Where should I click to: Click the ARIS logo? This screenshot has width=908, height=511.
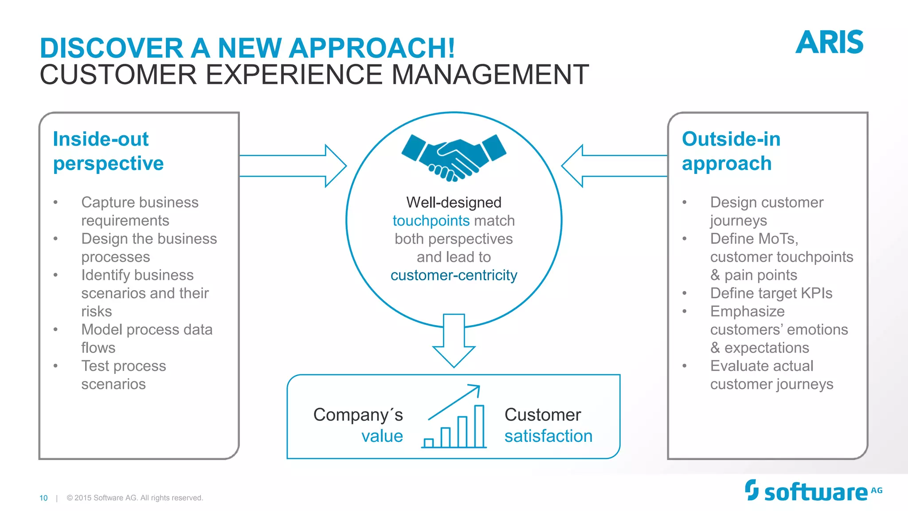pyautogui.click(x=829, y=43)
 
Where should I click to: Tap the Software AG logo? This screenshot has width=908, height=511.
pyautogui.click(x=813, y=491)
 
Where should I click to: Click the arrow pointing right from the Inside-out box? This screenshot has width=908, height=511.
pyautogui.click(x=293, y=166)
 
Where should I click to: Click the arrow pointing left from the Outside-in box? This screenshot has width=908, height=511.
pyautogui.click(x=614, y=166)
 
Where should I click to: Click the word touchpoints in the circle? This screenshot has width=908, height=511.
pyautogui.click(x=431, y=221)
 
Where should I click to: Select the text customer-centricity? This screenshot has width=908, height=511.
pyautogui.click(x=454, y=275)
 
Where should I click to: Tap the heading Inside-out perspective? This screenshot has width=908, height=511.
pyautogui.click(x=108, y=151)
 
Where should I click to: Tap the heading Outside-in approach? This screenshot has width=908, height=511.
pyautogui.click(x=731, y=151)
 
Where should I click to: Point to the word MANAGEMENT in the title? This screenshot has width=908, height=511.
pyautogui.click(x=490, y=75)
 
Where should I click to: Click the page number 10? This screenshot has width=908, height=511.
pyautogui.click(x=43, y=498)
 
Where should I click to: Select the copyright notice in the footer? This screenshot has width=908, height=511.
pyautogui.click(x=135, y=498)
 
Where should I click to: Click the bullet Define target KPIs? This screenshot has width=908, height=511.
pyautogui.click(x=771, y=293)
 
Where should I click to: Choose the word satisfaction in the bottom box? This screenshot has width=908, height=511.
pyautogui.click(x=548, y=436)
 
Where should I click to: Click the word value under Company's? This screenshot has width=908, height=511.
pyautogui.click(x=382, y=436)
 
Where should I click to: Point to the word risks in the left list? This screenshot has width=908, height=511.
pyautogui.click(x=97, y=311)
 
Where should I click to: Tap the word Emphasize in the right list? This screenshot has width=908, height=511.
pyautogui.click(x=748, y=311)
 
